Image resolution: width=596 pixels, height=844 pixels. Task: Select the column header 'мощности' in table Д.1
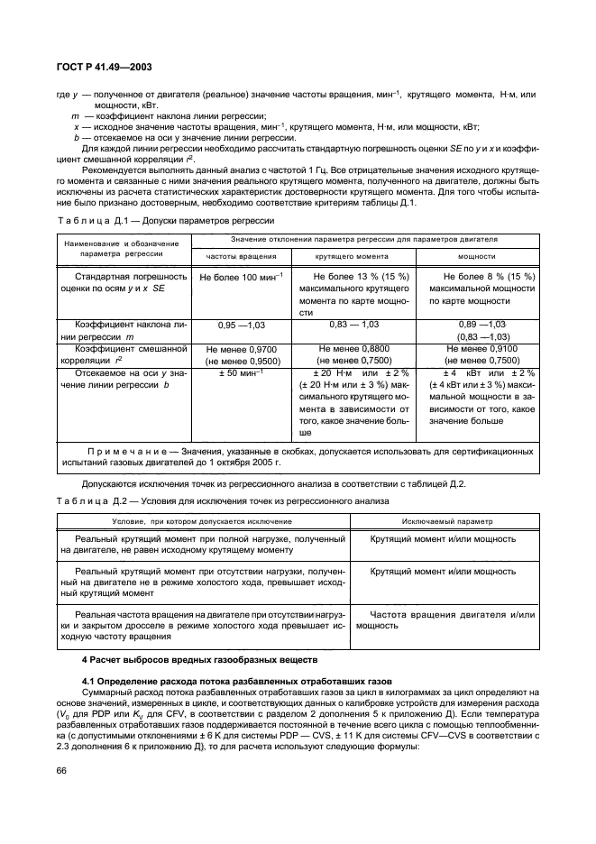[478, 257]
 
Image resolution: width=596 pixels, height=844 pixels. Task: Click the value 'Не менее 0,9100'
[478, 348]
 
